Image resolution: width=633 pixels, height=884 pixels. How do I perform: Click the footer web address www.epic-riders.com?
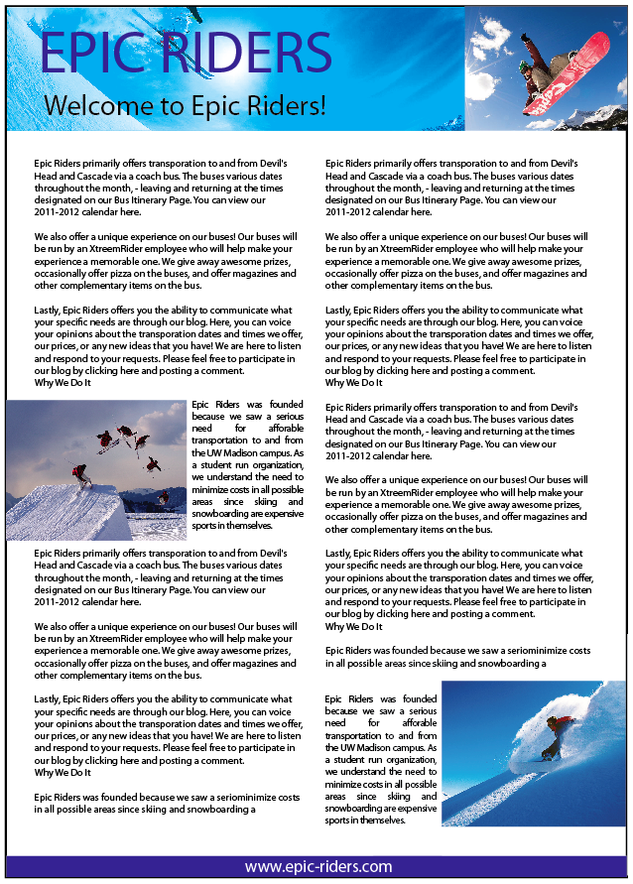click(317, 866)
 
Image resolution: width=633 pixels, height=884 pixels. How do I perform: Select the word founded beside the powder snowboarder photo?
click(420, 698)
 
